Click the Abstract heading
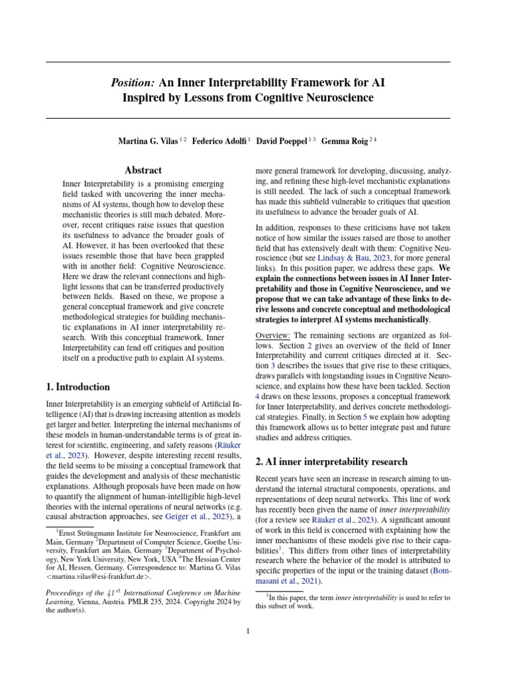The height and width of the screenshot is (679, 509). click(x=143, y=170)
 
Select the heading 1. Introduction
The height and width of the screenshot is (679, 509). click(x=78, y=387)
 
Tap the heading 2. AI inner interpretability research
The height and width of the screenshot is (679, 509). click(x=331, y=461)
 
